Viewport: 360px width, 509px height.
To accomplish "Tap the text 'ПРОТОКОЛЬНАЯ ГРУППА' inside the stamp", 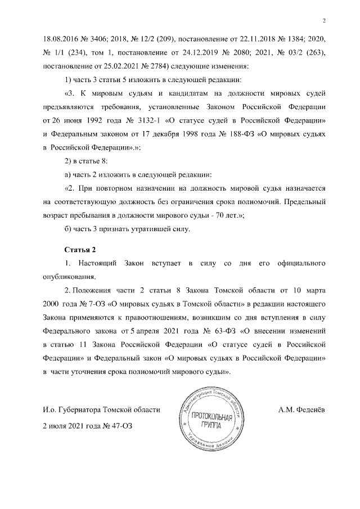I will tap(213, 421).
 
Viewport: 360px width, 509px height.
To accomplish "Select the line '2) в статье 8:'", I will tap(88, 160).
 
